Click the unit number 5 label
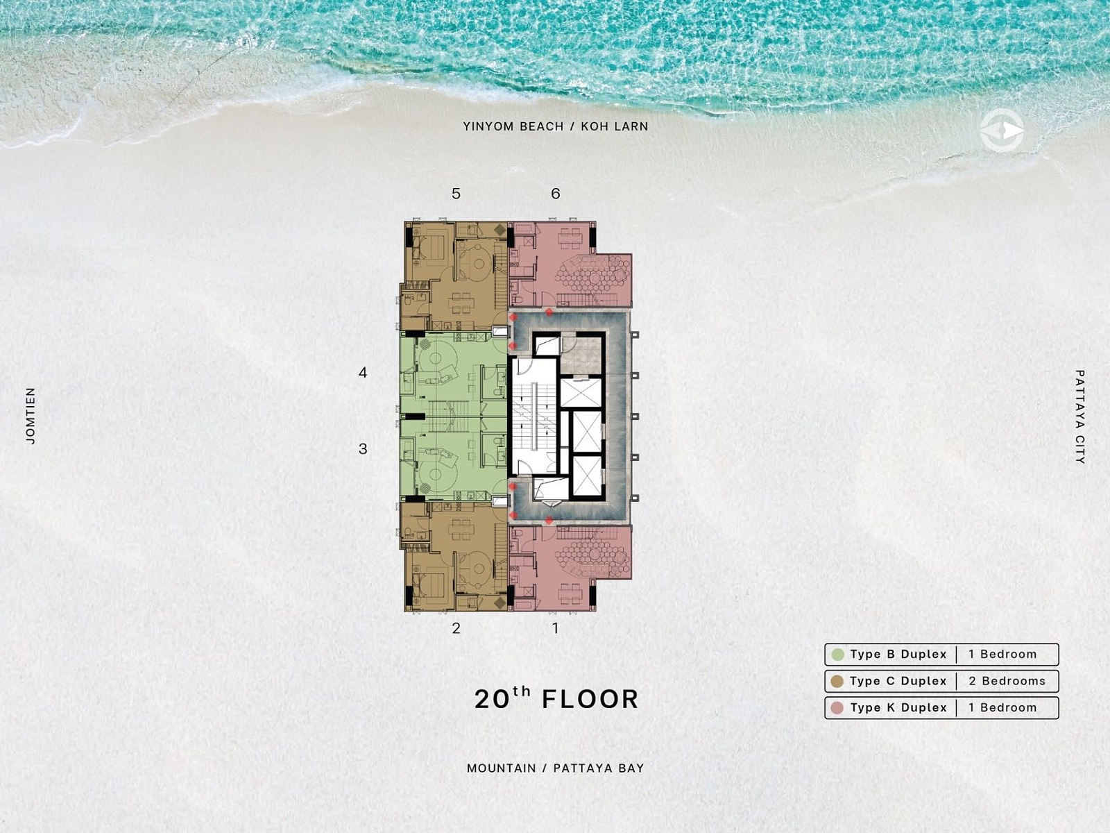456,194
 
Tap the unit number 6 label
556,194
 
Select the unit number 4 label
363,373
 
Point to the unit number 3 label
363,448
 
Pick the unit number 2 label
456,628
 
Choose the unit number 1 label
556,628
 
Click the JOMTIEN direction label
31,416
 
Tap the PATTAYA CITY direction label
1079,416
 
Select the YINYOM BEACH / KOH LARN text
555,126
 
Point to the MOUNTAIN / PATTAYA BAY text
555,768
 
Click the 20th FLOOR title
556,698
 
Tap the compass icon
1002,131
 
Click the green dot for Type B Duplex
838,655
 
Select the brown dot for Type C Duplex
837,681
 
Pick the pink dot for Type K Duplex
837,708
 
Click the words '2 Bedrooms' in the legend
1007,681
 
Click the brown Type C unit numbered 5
454,276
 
